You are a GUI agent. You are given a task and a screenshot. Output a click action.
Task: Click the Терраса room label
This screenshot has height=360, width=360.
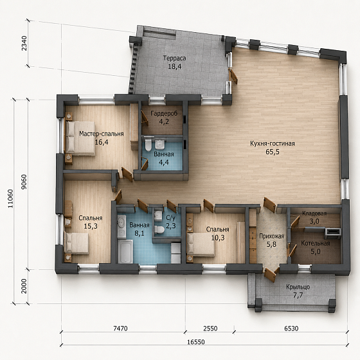174,59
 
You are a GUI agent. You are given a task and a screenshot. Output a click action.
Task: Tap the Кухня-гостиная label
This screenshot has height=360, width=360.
273,144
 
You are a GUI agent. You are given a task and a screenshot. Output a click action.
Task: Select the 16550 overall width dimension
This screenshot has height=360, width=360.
196,342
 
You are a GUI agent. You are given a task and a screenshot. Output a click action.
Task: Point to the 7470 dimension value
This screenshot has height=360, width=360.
120,328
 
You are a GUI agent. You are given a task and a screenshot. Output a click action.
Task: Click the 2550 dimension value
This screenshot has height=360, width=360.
210,328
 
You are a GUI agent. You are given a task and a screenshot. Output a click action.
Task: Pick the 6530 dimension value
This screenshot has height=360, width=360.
291,328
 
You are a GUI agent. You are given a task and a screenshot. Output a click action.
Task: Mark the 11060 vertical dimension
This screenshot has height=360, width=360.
10,199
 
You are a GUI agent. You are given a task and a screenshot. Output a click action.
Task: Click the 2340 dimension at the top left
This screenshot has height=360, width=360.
24,44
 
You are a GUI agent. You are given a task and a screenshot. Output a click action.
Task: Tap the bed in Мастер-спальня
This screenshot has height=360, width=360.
80,138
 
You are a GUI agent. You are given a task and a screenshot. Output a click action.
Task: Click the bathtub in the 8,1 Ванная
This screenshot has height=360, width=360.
125,251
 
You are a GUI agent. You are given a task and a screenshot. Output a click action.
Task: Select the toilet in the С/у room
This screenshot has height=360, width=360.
159,229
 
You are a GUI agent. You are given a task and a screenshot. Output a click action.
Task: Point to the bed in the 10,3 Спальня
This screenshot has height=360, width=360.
201,244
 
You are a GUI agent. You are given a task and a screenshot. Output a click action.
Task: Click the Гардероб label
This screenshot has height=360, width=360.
164,113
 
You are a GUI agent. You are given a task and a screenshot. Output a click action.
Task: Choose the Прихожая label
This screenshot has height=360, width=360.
271,236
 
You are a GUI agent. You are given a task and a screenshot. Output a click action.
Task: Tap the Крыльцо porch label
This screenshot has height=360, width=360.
298,287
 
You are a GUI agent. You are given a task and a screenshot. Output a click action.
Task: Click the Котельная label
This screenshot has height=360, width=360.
316,244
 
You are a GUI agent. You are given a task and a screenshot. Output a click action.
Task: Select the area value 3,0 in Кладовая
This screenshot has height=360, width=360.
314,222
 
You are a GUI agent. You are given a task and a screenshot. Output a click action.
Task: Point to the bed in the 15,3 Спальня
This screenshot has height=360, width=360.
76,244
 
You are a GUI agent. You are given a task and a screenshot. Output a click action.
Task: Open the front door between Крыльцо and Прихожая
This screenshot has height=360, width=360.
270,274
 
